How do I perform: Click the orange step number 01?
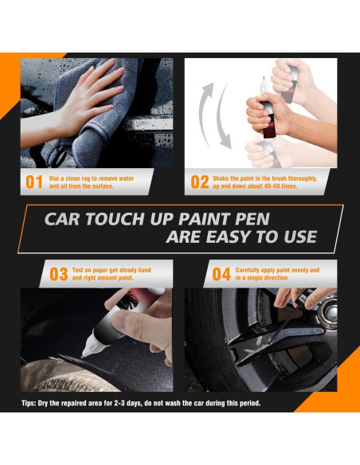tap(34, 182)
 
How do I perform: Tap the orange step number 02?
tap(200, 182)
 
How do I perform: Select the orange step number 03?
tap(59, 275)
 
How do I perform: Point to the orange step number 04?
tap(221, 275)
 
